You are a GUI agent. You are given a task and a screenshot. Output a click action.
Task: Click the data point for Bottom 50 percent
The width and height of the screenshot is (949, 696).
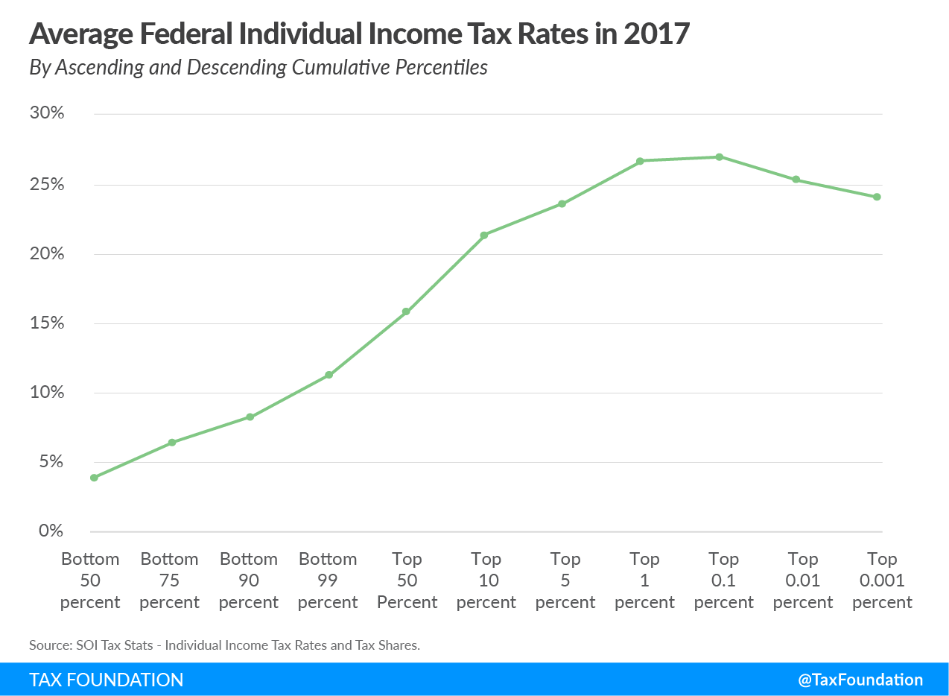coord(94,478)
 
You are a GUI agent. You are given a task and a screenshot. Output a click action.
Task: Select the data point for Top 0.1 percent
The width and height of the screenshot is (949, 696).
coord(719,157)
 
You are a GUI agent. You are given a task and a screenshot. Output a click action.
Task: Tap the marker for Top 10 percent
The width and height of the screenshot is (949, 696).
coord(484,235)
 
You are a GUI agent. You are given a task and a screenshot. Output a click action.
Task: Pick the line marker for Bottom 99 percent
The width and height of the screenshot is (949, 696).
coord(328,375)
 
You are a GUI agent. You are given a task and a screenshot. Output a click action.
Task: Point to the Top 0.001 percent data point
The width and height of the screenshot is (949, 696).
coord(877,197)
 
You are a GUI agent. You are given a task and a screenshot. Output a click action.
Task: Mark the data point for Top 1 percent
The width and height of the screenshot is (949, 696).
coord(641,161)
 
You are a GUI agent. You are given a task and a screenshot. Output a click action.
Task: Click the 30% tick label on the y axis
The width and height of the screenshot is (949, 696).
coord(48,114)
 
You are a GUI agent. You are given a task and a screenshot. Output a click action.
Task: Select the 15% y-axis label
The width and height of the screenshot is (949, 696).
coord(48,323)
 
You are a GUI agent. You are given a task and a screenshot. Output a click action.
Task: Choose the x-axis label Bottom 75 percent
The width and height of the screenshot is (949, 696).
coord(170,580)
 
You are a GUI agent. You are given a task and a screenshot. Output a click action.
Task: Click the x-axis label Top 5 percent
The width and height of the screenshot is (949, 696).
coord(565,580)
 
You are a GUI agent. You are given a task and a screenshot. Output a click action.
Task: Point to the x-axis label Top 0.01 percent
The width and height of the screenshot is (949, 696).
coord(803,580)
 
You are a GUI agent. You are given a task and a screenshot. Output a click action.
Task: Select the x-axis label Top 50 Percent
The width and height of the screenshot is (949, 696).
coord(407,580)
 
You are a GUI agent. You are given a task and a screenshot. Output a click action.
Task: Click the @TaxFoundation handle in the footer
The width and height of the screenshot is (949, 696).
coord(860,680)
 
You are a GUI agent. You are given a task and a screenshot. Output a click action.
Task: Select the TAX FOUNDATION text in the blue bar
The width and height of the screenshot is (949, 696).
coord(107,680)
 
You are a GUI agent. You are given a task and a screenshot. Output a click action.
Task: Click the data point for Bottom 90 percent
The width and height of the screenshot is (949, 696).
coord(250,417)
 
